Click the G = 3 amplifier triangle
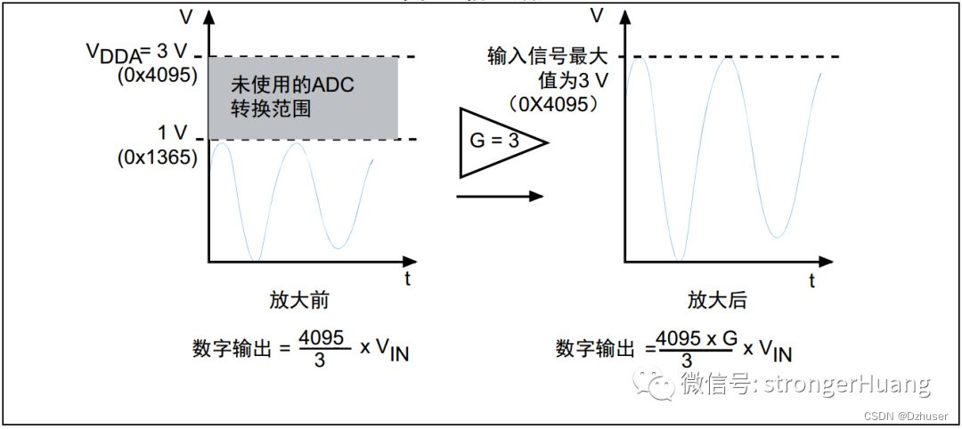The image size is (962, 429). coord(495,143)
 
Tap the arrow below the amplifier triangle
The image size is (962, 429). coord(500,196)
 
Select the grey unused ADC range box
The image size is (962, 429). coord(303,98)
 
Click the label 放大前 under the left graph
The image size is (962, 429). coord(299,300)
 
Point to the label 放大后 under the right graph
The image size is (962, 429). coord(717,300)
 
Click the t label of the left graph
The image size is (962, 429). coord(407,279)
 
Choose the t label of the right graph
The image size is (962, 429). coord(812,280)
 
